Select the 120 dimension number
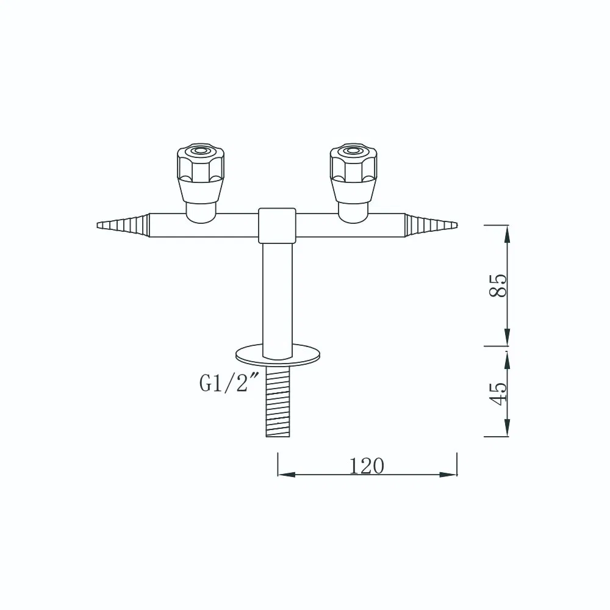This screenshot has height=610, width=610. (x=367, y=466)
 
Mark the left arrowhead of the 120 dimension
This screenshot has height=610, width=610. (x=284, y=474)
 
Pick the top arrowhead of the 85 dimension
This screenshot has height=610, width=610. (x=507, y=231)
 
